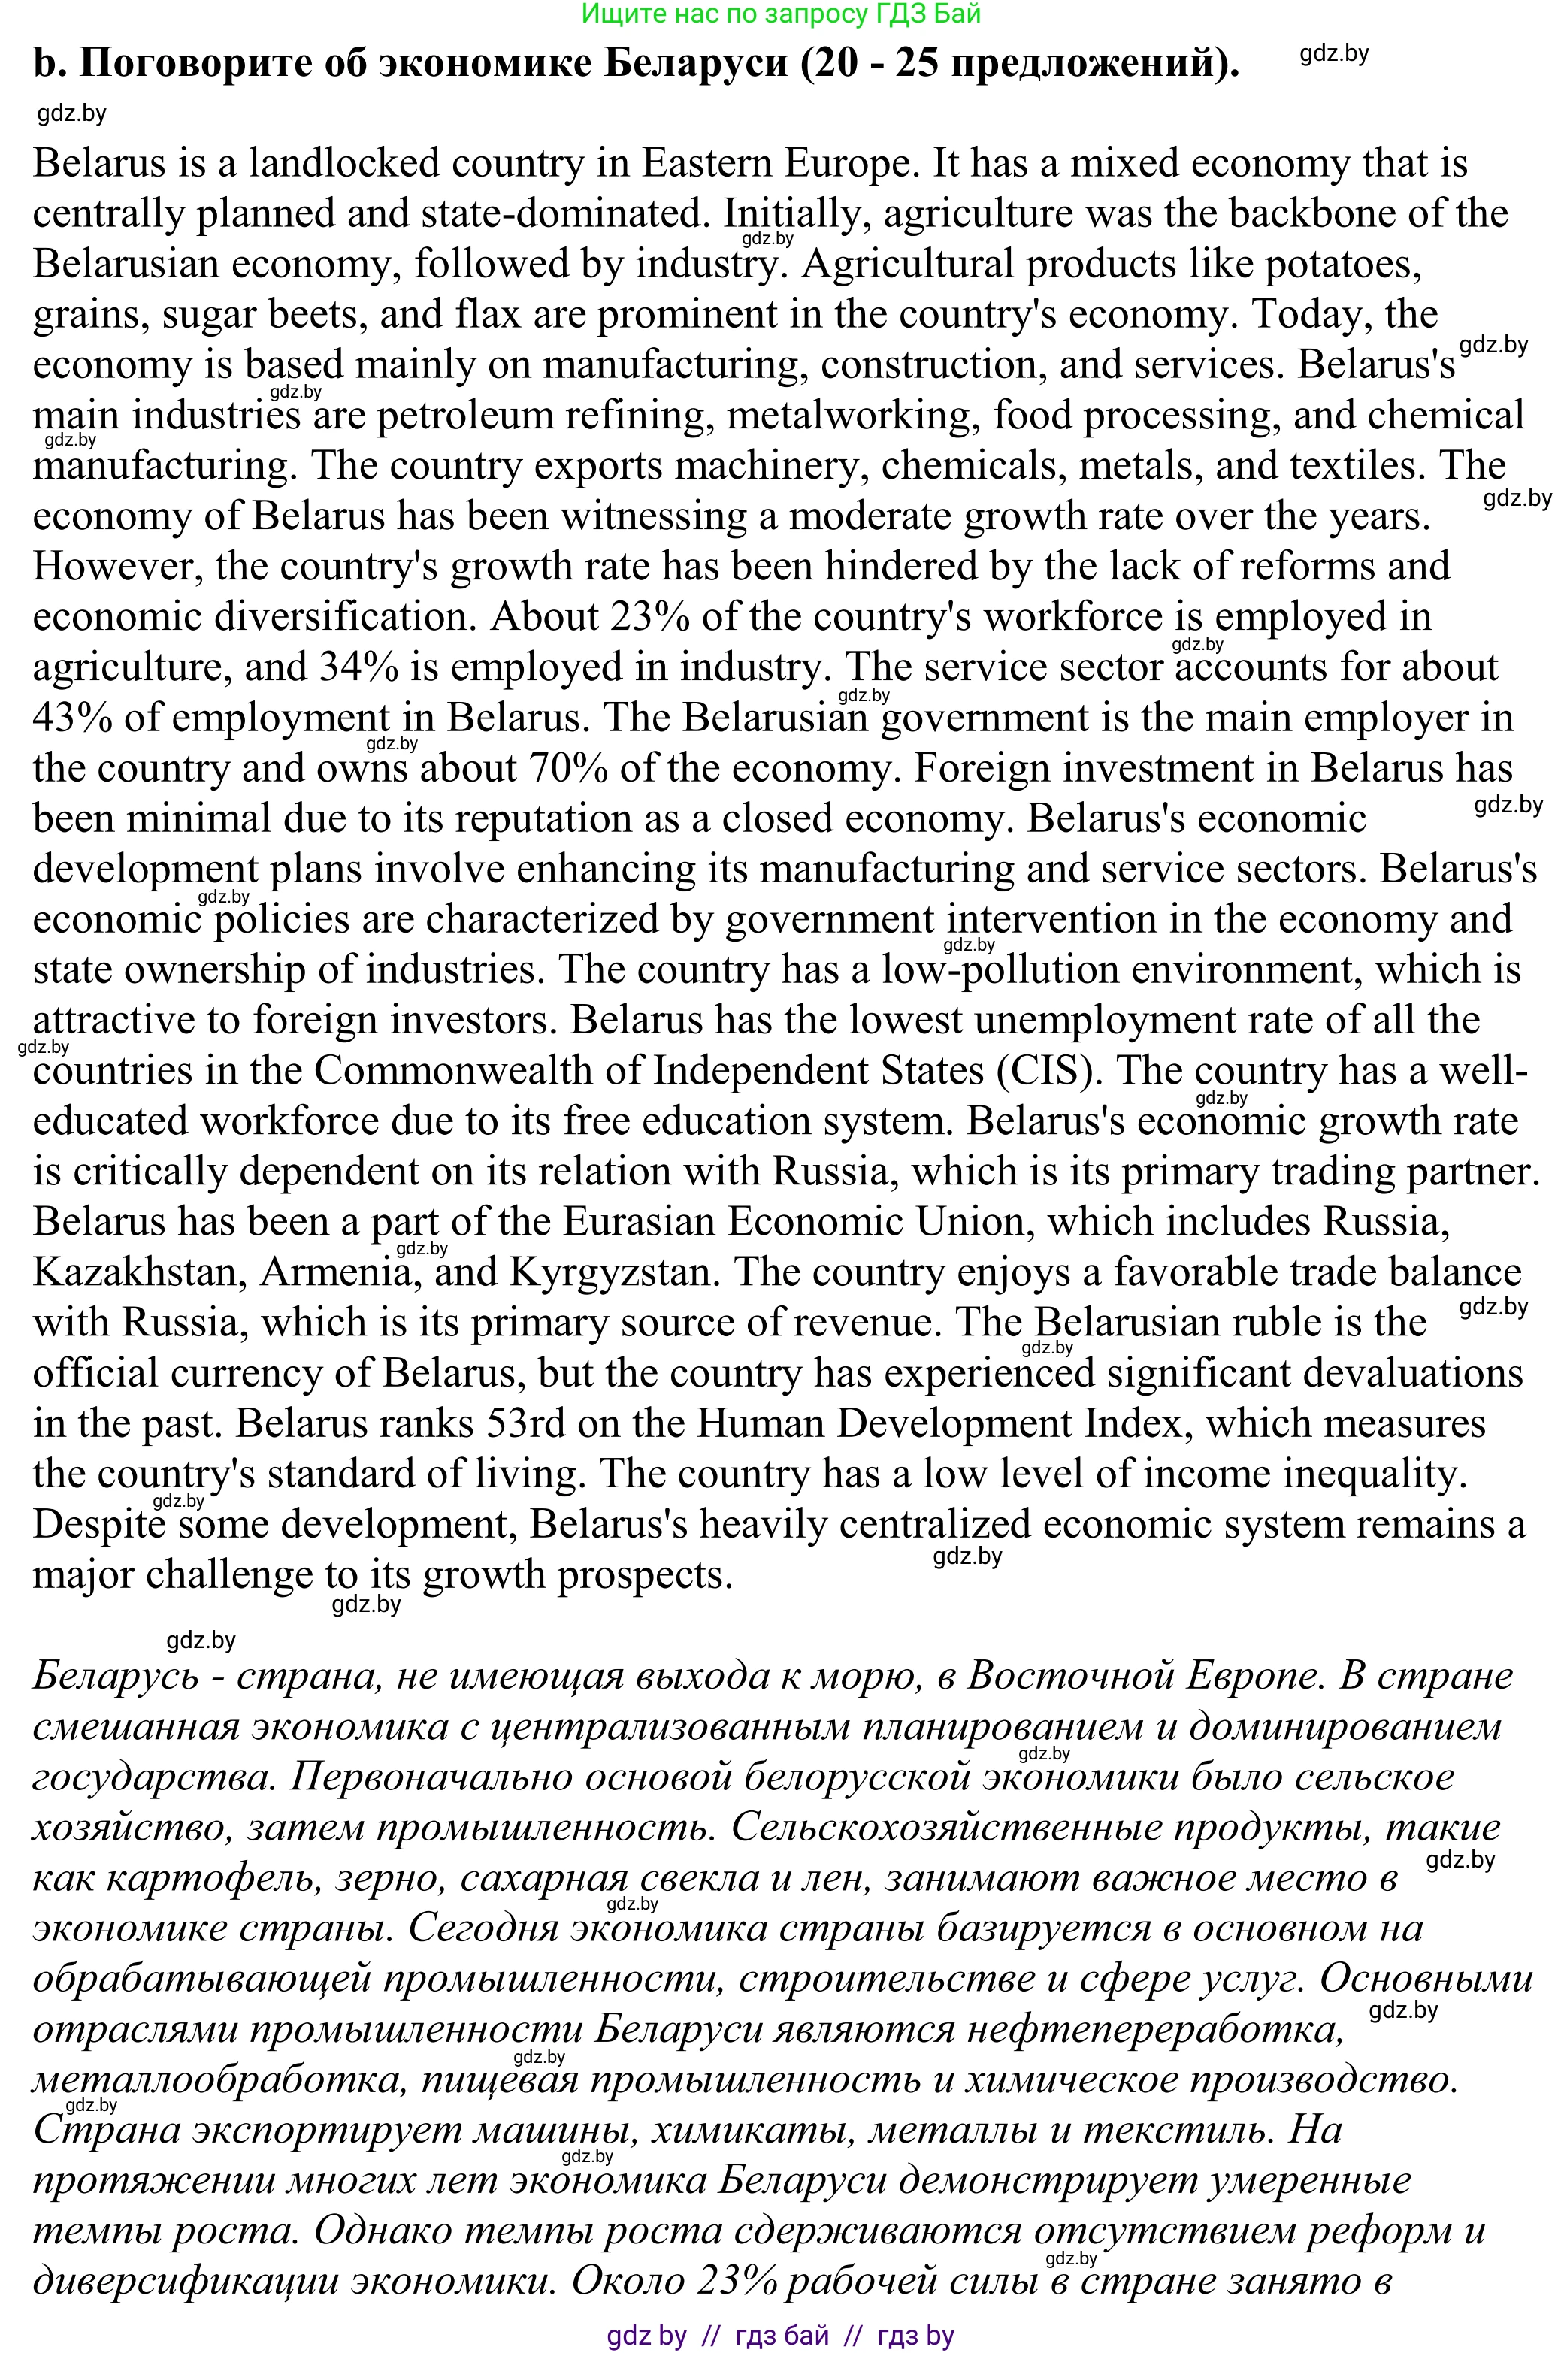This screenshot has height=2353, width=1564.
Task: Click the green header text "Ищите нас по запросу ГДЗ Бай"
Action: [x=781, y=13]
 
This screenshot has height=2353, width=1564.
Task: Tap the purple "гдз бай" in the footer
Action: [x=781, y=2335]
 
